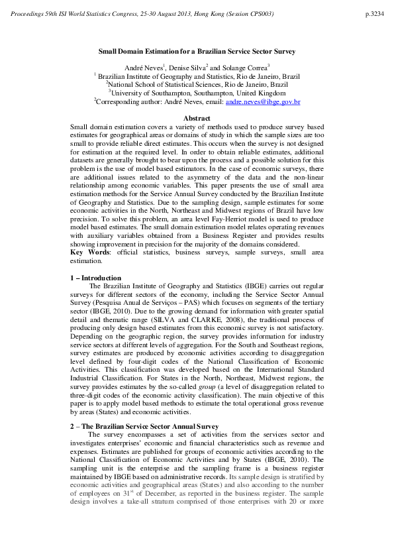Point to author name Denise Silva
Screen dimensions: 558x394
coord(187,68)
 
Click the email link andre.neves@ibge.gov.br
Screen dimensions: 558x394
coord(263,102)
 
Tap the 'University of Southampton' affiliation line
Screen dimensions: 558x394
coord(197,93)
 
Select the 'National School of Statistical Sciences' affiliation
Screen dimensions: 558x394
coord(198,85)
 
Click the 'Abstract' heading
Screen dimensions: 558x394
coord(196,118)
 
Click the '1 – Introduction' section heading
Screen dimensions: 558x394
coord(96,278)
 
